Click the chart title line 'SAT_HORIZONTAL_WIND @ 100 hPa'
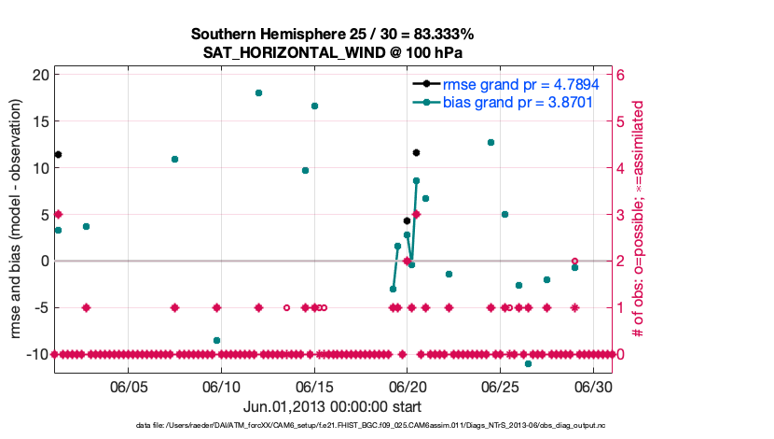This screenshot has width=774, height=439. pos(333,53)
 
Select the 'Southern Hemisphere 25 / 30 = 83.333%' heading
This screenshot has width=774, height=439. pos(333,35)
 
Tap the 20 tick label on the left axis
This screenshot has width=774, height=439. pos(38,75)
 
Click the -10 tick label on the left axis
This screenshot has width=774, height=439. pos(35,354)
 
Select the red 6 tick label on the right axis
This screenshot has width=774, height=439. pos(622,75)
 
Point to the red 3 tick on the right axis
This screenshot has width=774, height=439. pos(622,214)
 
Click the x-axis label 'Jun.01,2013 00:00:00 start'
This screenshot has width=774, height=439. pos(333,406)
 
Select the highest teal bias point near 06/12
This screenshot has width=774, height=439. pos(258,93)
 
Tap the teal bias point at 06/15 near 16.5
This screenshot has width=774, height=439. pos(314,106)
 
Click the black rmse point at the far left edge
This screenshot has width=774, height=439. pos(58,154)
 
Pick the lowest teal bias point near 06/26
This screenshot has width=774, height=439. pos(528,363)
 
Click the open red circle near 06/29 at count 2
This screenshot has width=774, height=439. pos(574,261)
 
